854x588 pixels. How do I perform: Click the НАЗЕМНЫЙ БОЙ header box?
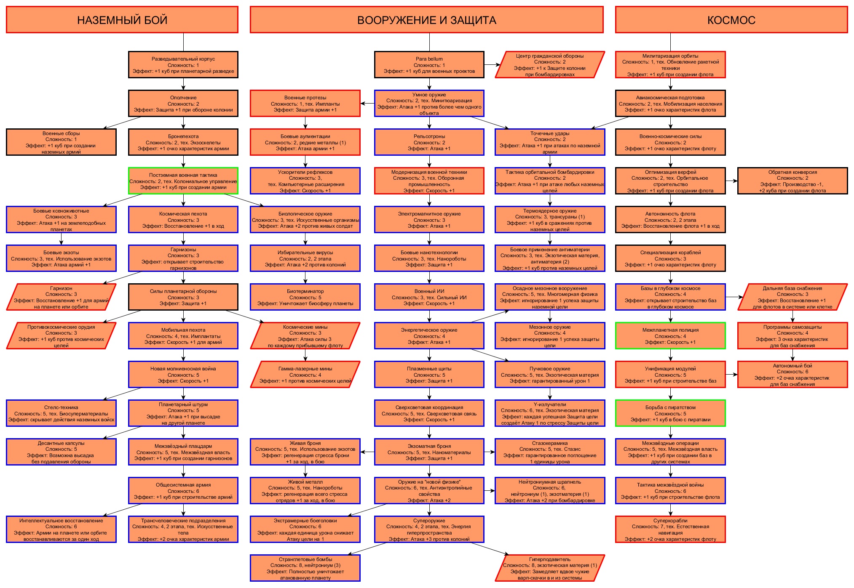point(122,20)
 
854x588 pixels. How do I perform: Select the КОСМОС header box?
point(731,20)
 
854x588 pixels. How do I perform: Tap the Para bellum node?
point(429,65)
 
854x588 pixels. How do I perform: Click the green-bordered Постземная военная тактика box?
point(183,181)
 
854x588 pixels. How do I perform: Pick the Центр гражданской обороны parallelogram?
point(550,65)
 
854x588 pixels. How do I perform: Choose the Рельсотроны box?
point(429,142)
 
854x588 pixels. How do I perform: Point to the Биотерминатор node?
point(305,297)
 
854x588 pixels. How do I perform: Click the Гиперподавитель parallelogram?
point(550,568)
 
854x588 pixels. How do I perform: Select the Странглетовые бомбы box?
point(305,568)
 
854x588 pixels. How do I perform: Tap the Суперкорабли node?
point(670,529)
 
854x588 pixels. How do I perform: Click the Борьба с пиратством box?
point(670,413)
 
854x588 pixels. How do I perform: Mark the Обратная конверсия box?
point(792,181)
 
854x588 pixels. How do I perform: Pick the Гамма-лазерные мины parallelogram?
point(305,375)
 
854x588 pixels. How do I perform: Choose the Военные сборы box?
point(61,142)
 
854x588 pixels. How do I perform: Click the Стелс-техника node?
point(61,413)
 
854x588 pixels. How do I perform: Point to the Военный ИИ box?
point(429,297)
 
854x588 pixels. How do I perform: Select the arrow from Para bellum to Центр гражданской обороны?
point(492,65)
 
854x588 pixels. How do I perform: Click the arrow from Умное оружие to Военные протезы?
point(367,104)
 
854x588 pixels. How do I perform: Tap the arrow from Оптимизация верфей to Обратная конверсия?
point(731,181)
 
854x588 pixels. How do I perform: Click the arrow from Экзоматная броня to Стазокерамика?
point(490,452)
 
